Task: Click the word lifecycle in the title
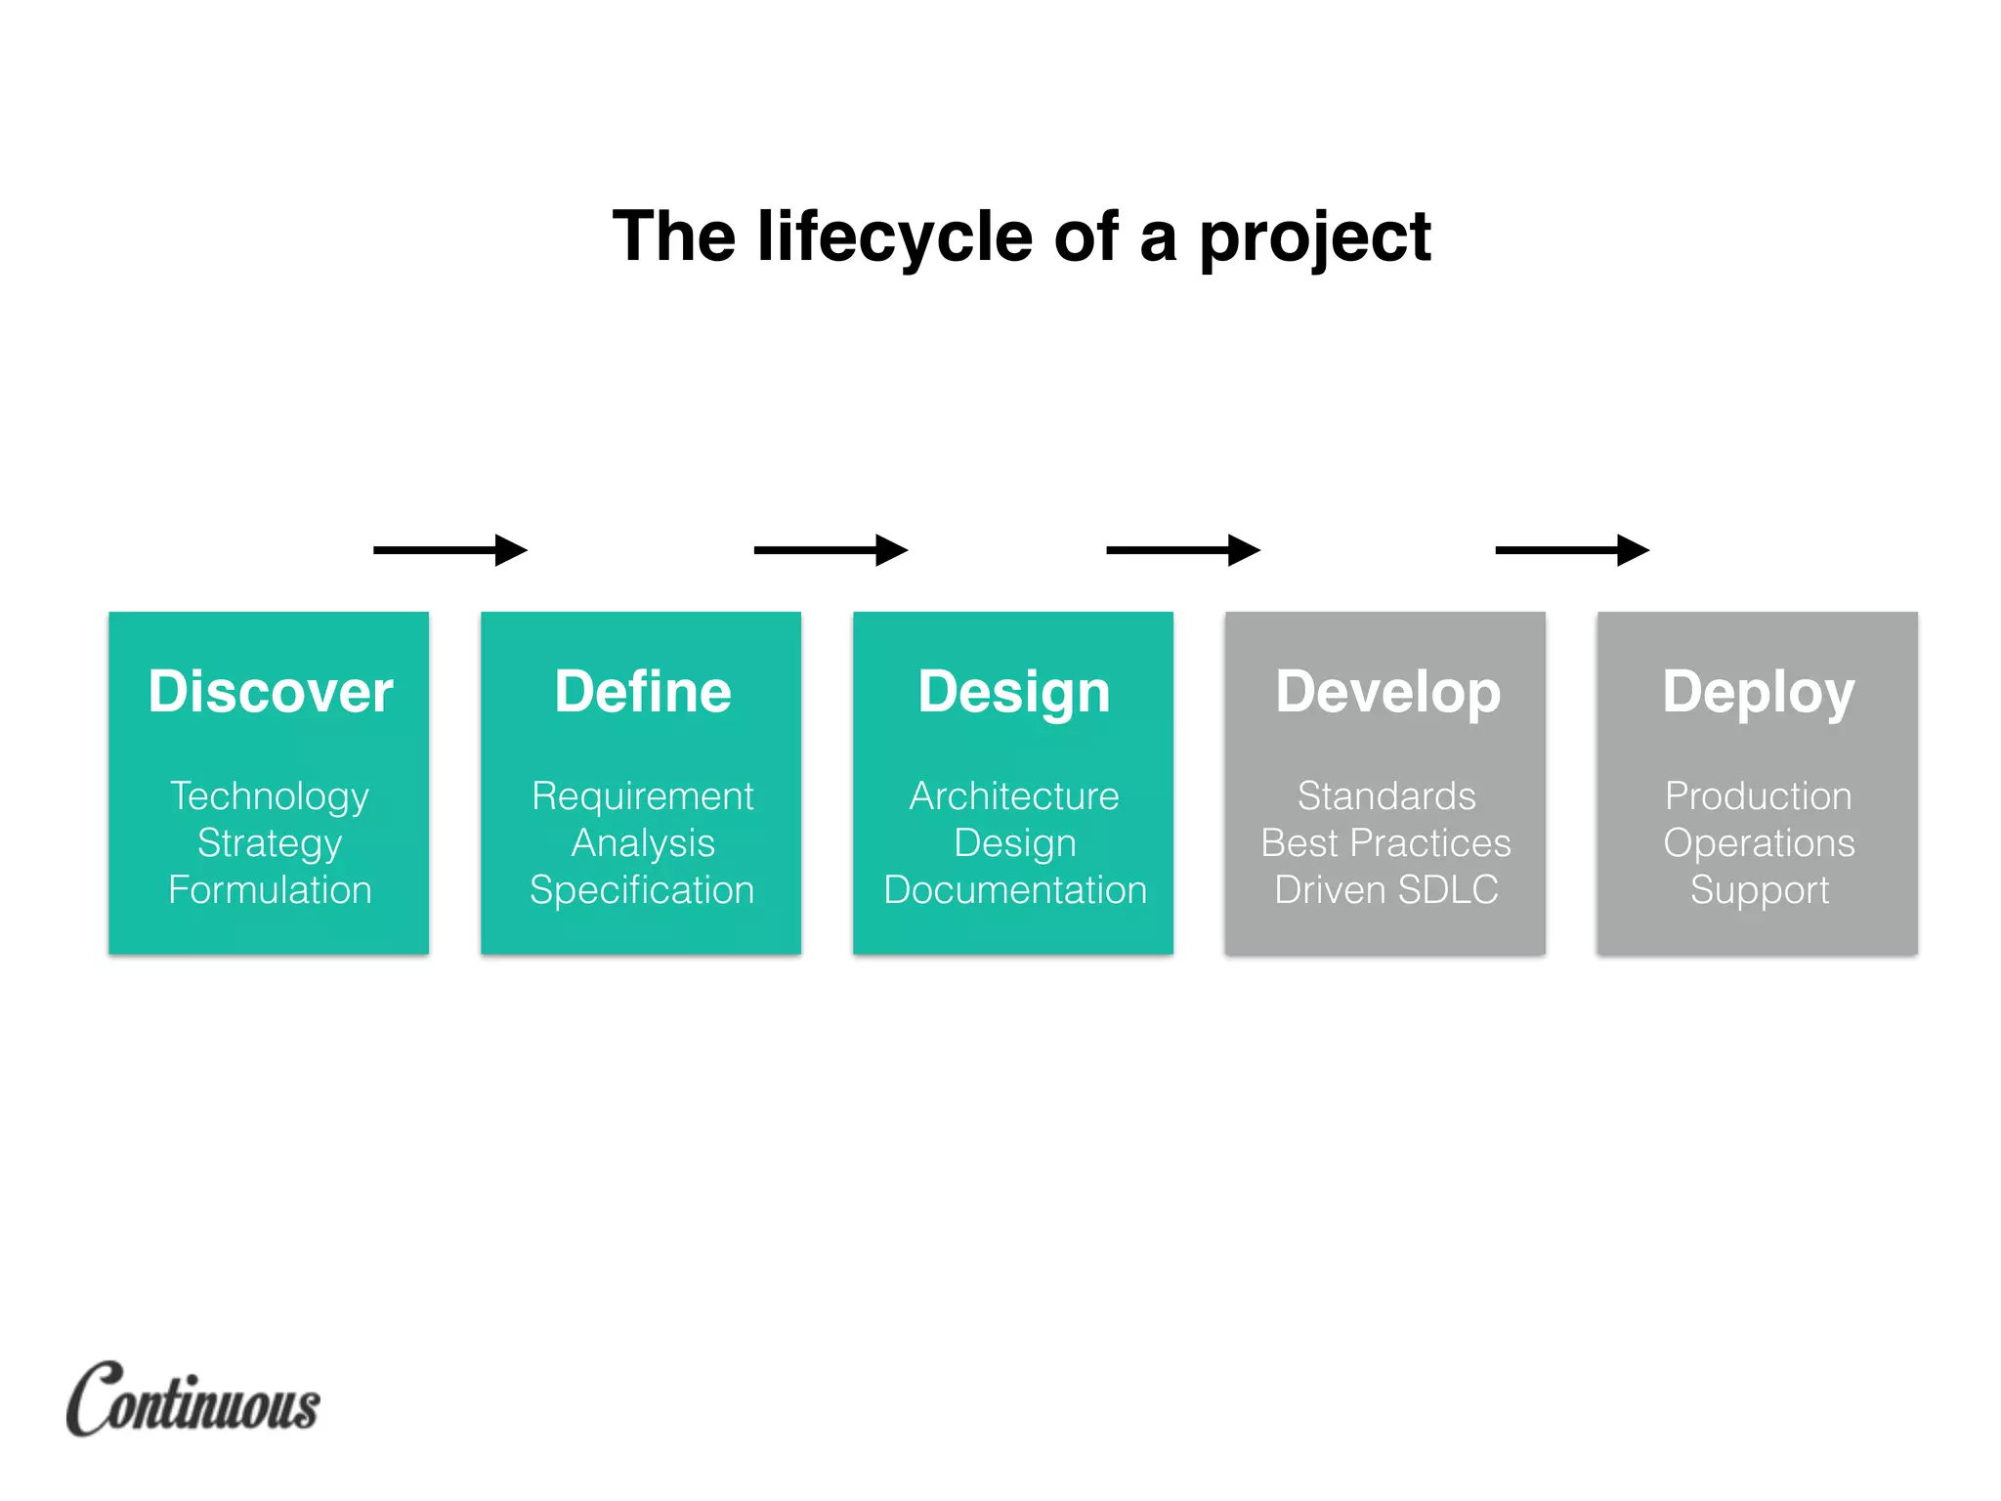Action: point(894,237)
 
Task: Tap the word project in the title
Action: point(1314,237)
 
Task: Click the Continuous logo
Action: point(193,1399)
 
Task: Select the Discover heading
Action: point(270,692)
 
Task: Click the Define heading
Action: point(642,692)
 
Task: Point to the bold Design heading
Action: point(1013,692)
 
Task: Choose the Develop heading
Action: point(1386,692)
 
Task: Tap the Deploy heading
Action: point(1758,692)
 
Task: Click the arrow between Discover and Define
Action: point(449,550)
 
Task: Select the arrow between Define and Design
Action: point(830,550)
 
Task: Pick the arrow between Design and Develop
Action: point(1182,550)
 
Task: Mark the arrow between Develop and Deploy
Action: point(1572,550)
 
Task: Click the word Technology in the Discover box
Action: point(270,796)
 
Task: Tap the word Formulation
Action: point(270,890)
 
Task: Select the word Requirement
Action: point(642,796)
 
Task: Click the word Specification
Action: point(642,890)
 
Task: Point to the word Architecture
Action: point(1013,796)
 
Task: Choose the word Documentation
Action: point(1014,890)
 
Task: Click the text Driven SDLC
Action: point(1385,890)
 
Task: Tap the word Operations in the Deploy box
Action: point(1758,843)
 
